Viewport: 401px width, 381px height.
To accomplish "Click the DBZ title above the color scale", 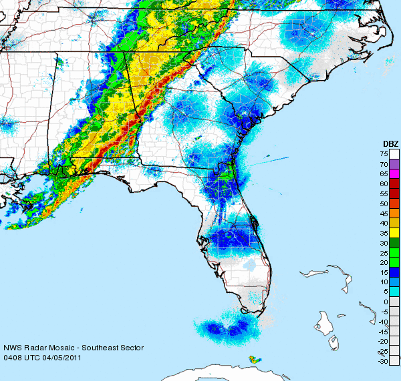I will tap(390, 143).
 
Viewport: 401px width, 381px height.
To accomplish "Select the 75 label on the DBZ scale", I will tap(385, 154).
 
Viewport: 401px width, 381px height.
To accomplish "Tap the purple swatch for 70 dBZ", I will tap(394, 163).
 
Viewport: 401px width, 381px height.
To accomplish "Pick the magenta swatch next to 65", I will tap(394, 173).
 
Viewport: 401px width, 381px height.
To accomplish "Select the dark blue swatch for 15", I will tap(394, 272).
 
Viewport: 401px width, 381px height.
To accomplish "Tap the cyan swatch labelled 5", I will tap(394, 291).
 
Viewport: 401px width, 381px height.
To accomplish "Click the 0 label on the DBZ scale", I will tap(386, 302).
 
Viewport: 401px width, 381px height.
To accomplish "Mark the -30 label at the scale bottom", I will tap(384, 361).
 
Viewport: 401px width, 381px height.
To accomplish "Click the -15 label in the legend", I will tap(384, 332).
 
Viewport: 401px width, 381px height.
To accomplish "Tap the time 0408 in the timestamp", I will tap(12, 358).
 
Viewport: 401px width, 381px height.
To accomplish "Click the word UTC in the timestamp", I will tap(31, 358).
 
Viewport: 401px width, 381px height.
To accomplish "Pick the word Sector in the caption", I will tap(132, 348).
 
